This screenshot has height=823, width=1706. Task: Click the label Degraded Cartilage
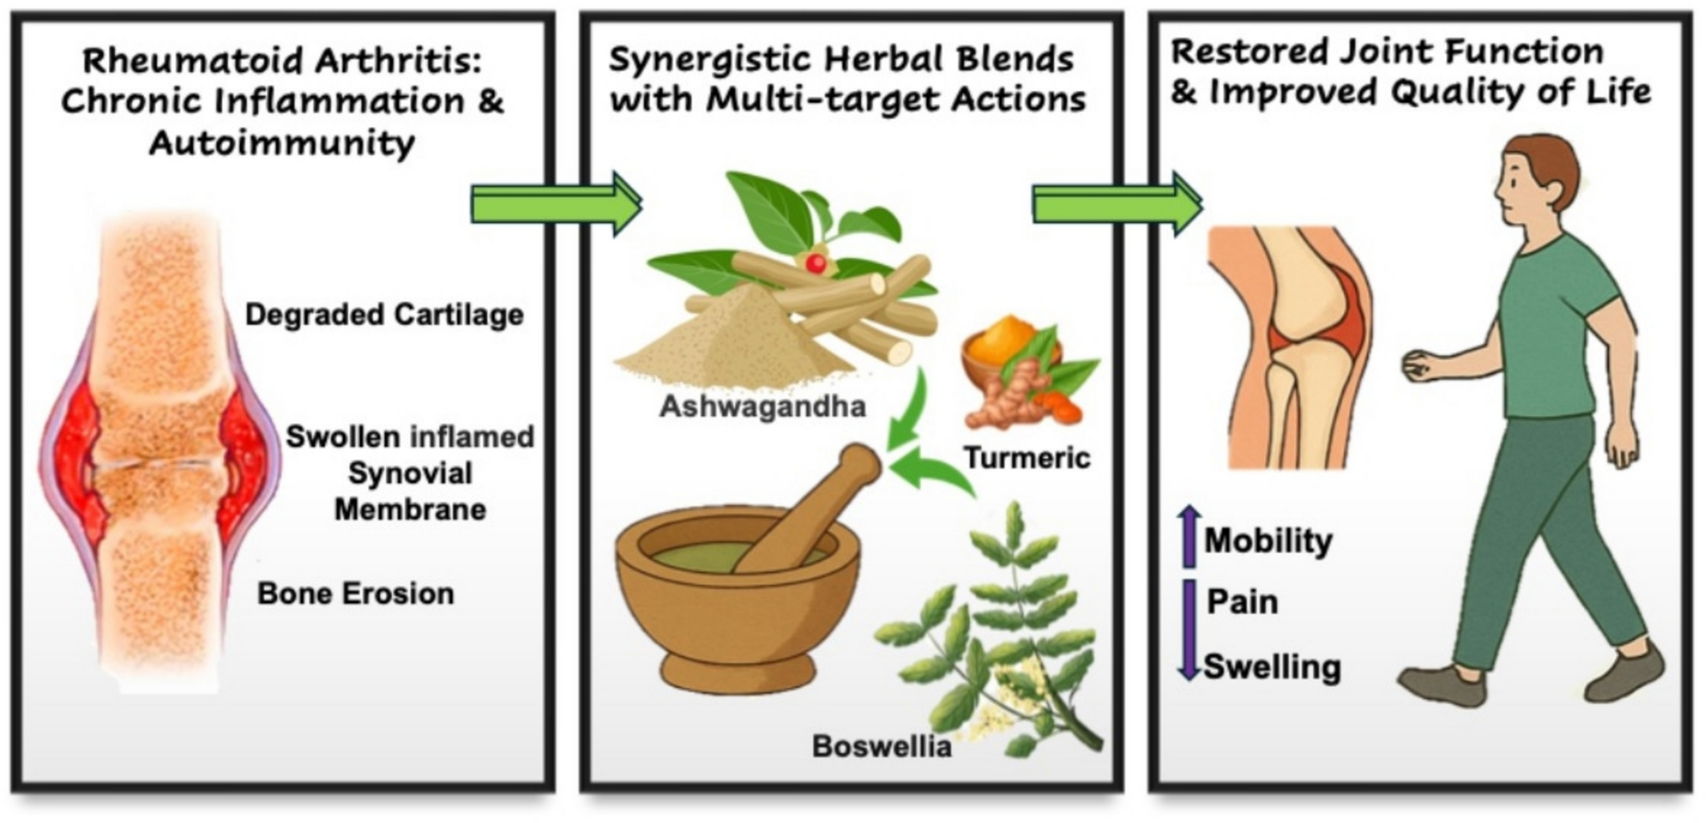click(384, 315)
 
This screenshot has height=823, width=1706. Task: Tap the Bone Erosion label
click(356, 594)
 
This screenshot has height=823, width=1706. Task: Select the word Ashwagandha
click(762, 407)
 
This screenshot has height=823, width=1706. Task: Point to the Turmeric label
click(1026, 458)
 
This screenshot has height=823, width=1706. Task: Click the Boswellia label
click(881, 746)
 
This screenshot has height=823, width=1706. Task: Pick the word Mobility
click(1268, 541)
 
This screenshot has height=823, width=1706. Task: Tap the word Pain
click(1242, 602)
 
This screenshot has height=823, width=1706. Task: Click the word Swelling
click(1272, 668)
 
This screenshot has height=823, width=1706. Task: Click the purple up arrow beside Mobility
click(1189, 536)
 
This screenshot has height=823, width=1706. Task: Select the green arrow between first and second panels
click(556, 204)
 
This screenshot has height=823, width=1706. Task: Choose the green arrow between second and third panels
click(1117, 204)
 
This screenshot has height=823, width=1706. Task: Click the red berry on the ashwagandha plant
click(815, 263)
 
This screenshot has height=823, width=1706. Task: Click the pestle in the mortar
click(806, 512)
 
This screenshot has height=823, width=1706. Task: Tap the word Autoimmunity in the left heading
click(282, 143)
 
